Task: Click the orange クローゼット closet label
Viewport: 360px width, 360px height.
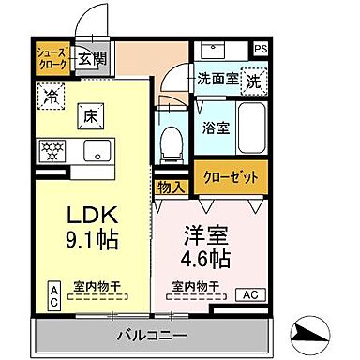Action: [x=230, y=176]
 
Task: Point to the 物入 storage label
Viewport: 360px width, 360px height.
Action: [x=171, y=188]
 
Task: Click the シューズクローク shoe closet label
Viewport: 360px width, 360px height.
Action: [x=51, y=57]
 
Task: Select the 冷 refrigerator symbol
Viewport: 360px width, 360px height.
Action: [x=50, y=95]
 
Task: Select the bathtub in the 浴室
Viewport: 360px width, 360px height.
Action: [x=248, y=126]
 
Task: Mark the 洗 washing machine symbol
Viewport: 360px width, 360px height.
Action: [x=254, y=82]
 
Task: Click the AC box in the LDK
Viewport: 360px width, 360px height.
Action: [x=53, y=296]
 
